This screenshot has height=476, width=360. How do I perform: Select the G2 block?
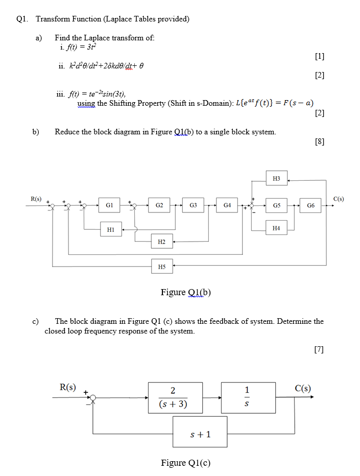(159, 205)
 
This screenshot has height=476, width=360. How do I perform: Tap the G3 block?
(193, 205)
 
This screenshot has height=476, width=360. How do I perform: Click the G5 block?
(276, 205)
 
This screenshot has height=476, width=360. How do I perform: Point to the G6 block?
(310, 205)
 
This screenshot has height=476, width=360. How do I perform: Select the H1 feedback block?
(111, 230)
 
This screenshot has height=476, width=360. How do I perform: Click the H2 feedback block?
(161, 241)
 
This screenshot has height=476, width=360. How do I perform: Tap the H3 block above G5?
(276, 179)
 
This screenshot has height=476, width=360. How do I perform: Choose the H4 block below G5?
(276, 228)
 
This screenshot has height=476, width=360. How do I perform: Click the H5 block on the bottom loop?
(161, 266)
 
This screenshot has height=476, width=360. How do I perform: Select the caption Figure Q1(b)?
(185, 292)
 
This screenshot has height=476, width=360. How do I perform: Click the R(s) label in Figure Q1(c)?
(68, 387)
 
